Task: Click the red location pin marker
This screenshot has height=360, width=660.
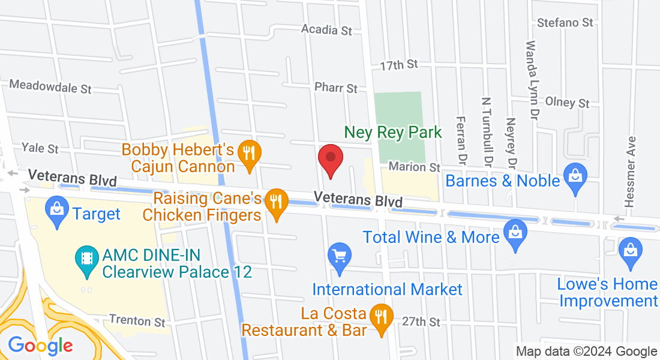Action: click(x=330, y=160)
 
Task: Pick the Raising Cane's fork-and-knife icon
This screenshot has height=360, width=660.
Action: click(x=276, y=202)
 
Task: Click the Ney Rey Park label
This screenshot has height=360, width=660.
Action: click(x=393, y=132)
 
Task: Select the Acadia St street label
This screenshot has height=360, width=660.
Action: click(x=326, y=29)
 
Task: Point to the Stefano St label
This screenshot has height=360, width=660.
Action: click(x=565, y=23)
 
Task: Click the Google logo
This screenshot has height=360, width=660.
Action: click(x=40, y=346)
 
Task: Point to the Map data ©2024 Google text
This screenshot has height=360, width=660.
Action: click(x=587, y=352)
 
